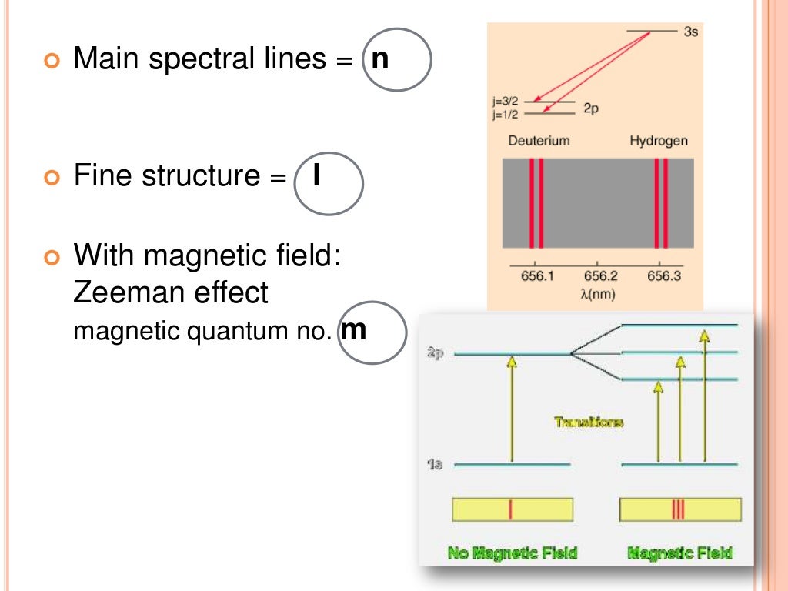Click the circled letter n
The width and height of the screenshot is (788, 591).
pyautogui.click(x=379, y=59)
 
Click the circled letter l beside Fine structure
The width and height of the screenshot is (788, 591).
pyautogui.click(x=316, y=177)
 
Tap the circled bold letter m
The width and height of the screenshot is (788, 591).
pyautogui.click(x=353, y=331)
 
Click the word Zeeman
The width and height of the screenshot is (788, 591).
pyautogui.click(x=121, y=292)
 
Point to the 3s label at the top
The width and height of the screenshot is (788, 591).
pyautogui.click(x=690, y=33)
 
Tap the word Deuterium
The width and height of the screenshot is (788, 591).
pyautogui.click(x=539, y=142)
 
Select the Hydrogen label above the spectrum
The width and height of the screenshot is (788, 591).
pyautogui.click(x=659, y=142)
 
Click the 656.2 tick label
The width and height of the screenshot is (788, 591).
pyautogui.click(x=600, y=276)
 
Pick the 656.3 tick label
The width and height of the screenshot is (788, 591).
pyautogui.click(x=663, y=276)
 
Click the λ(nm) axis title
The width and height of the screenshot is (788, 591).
pyautogui.click(x=599, y=292)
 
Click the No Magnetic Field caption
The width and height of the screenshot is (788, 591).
pyautogui.click(x=512, y=553)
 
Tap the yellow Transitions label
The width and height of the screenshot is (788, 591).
pyautogui.click(x=589, y=422)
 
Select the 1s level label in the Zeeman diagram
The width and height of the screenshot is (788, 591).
pyautogui.click(x=435, y=465)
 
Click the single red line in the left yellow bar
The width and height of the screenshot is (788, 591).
pyautogui.click(x=510, y=509)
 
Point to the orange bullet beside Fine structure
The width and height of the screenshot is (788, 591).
pyautogui.click(x=52, y=178)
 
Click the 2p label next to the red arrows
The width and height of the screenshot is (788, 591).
pyautogui.click(x=590, y=109)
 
